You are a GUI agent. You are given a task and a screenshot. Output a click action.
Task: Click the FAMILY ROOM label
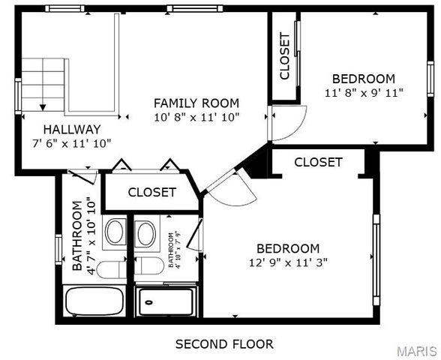coord(196,103)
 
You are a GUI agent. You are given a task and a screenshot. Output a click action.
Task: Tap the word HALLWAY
coord(71,129)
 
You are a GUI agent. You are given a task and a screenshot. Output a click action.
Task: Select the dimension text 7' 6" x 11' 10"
coord(71,142)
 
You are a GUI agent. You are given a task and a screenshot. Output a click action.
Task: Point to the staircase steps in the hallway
coord(43,84)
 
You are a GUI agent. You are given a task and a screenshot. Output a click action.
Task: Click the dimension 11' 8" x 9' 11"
coord(364,93)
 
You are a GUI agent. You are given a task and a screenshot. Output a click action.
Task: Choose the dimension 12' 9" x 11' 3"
coord(288,262)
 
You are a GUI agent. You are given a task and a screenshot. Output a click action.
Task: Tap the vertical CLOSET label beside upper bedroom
coord(285,56)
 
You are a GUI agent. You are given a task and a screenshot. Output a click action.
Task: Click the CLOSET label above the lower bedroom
coord(318,162)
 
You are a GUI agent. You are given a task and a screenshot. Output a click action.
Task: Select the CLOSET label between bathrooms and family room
coord(151,193)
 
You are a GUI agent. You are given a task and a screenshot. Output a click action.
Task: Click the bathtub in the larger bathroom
coord(94,301)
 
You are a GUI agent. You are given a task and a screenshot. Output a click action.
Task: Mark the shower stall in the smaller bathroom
coord(166,301)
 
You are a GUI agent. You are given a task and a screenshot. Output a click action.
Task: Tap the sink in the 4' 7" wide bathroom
coord(115,232)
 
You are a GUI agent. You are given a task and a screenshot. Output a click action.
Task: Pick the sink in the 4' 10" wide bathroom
coord(146,232)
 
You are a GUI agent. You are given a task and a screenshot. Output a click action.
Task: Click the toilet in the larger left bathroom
coord(111,268)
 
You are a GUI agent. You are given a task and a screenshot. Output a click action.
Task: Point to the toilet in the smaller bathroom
coord(149,265)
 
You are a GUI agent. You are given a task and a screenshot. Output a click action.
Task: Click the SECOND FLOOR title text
coord(224,344)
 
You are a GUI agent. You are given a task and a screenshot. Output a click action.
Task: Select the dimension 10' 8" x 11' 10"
coord(196,117)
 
